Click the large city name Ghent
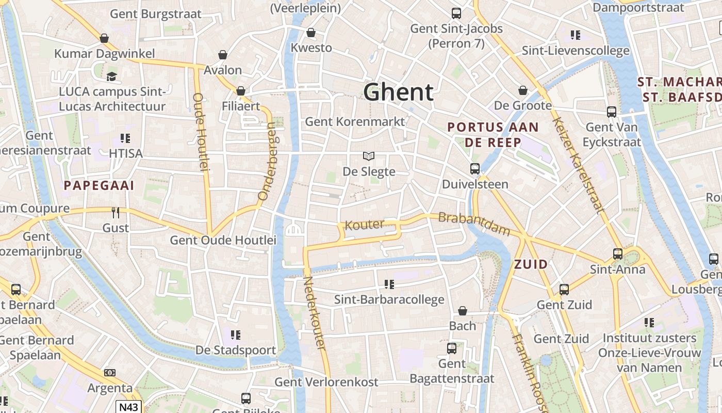(x=398, y=92)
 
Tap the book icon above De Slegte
(x=368, y=156)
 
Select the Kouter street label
(x=365, y=225)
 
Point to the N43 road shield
(x=128, y=407)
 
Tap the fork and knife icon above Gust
(x=116, y=212)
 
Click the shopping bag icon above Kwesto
(x=311, y=33)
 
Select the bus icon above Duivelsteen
(x=474, y=169)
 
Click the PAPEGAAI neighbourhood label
(x=99, y=186)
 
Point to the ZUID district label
(x=531, y=265)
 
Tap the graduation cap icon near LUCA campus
(x=111, y=77)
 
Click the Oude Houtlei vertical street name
(x=200, y=132)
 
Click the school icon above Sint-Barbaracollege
(x=389, y=284)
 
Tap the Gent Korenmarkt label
(x=355, y=122)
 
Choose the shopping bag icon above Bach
(x=463, y=311)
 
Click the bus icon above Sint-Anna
(x=617, y=254)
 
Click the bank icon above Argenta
(x=109, y=373)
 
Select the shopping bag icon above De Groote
(x=523, y=91)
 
